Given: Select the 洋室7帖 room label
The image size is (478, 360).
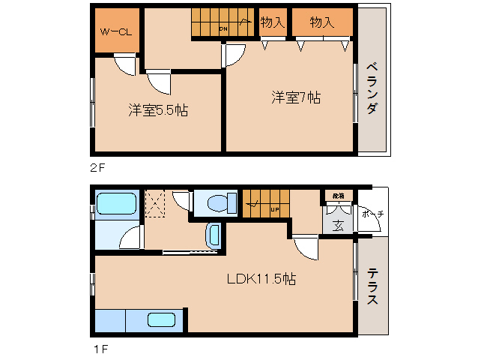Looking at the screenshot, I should tap(297, 97).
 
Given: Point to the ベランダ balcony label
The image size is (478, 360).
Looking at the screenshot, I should tap(372, 88).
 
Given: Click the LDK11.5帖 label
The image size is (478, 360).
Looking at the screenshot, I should tap(261, 279).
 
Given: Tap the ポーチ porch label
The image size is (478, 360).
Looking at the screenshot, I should tap(372, 214).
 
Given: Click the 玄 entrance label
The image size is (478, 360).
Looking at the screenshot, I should tap(338, 225).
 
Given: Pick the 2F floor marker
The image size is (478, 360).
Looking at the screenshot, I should tap(97, 168).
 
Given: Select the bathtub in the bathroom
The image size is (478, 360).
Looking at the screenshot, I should tap(115, 204).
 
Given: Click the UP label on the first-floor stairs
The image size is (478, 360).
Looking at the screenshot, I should tap(275, 209).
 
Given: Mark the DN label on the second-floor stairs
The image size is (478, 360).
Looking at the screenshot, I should tap(223, 28).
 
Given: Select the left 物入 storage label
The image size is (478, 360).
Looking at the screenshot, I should tap(272, 22).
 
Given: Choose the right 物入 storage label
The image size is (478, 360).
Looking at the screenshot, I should tap(321, 22).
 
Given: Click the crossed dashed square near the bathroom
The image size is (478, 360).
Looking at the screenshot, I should tap(157, 203).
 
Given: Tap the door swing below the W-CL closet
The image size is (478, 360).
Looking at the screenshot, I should tap(124, 64).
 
